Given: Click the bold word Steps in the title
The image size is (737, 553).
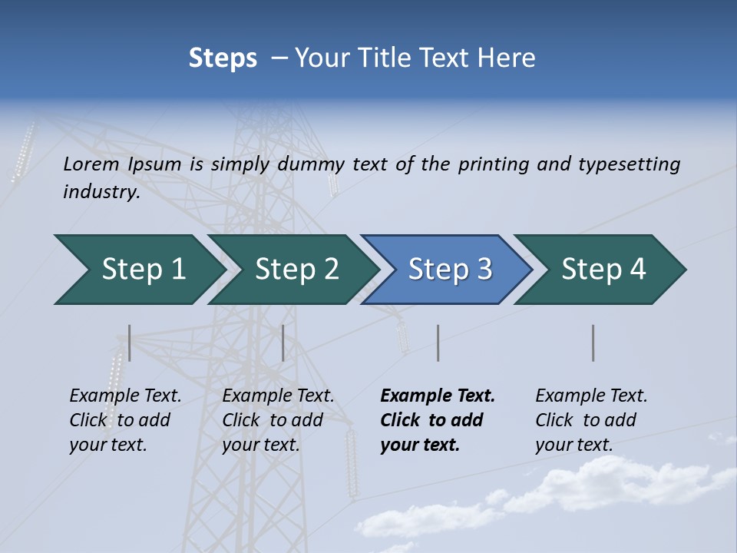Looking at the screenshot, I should (223, 58).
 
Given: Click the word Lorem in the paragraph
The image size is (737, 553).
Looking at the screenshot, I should (91, 164).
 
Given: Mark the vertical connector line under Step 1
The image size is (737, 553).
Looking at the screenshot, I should (130, 343).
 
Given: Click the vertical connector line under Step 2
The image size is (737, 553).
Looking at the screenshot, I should (283, 343).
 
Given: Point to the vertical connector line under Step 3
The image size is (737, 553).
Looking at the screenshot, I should (438, 343).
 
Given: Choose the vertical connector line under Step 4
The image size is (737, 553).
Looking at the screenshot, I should (593, 343).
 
